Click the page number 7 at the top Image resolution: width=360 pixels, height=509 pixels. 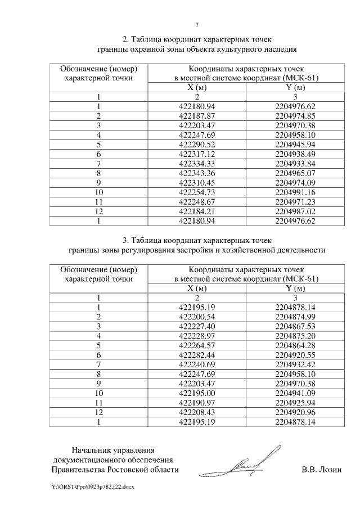point(197,25)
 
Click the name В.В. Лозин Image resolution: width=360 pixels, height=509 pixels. point(321,469)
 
